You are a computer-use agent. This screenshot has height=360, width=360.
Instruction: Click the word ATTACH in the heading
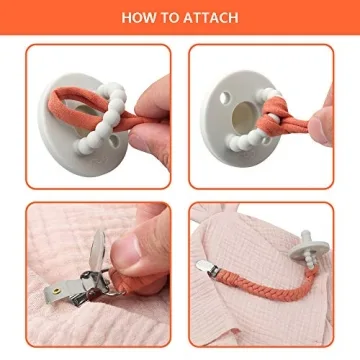click(211, 17)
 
